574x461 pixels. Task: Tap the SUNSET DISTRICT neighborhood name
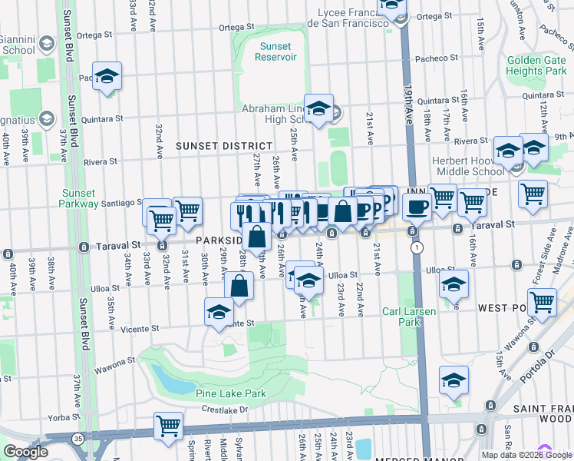[223, 146]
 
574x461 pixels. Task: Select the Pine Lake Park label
[231, 393]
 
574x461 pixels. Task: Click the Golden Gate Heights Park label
[536, 65]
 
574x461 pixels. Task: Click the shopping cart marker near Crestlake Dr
[168, 426]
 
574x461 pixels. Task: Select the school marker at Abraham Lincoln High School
[318, 108]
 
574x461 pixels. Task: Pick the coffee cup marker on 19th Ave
[417, 206]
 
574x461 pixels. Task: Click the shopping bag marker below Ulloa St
[240, 286]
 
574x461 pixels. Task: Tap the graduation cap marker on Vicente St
[219, 311]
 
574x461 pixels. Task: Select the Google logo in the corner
[25, 452]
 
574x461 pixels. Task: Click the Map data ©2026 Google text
[526, 455]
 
